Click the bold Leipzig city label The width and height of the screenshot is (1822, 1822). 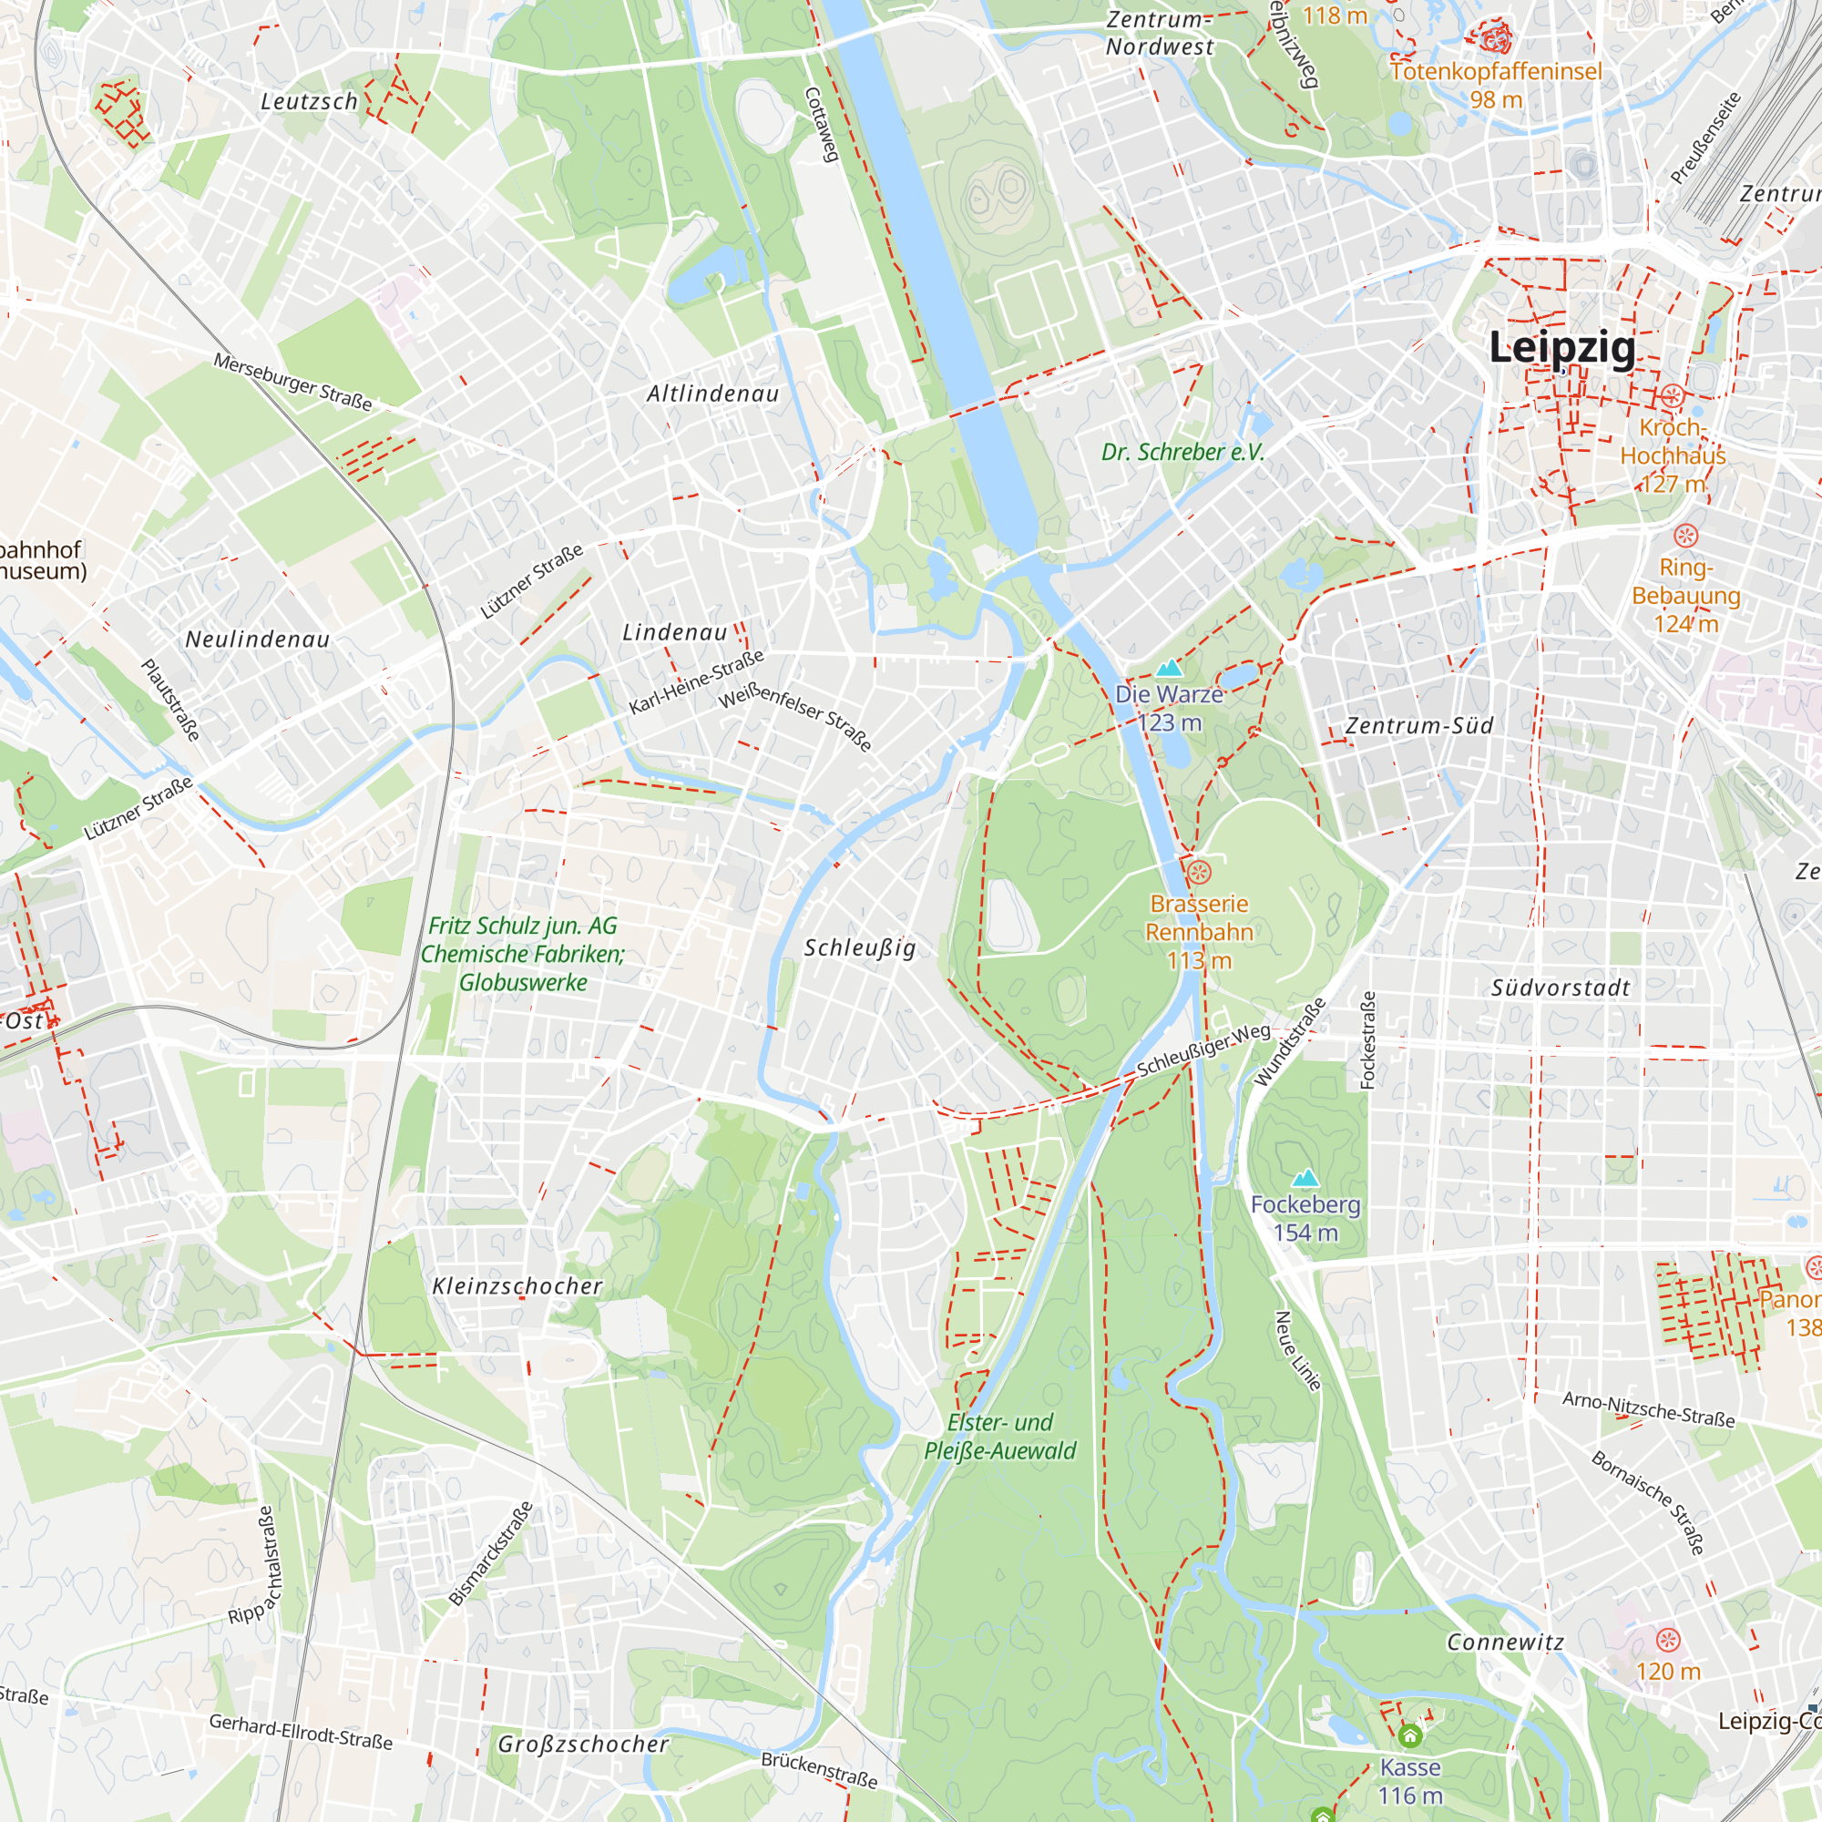[1562, 348]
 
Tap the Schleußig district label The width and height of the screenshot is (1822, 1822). [859, 947]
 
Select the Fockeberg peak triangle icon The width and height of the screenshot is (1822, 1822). [1305, 1178]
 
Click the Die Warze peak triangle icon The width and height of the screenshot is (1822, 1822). [1170, 669]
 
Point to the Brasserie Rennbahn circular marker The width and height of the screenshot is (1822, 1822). [1199, 872]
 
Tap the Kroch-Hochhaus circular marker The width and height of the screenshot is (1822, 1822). [1672, 396]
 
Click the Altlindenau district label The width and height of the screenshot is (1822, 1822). [713, 394]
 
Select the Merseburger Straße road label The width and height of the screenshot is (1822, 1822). [292, 382]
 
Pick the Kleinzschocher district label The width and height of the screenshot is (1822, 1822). [517, 1286]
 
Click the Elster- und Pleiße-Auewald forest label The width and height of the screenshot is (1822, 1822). [999, 1437]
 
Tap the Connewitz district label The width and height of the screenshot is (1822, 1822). [1505, 1643]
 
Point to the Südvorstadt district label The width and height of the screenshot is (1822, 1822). [1561, 988]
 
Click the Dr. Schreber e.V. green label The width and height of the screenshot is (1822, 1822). [1182, 453]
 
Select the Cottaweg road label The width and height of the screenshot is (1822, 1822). [822, 125]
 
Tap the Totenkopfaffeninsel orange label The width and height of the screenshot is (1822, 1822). [1496, 73]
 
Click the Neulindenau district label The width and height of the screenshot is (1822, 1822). [258, 640]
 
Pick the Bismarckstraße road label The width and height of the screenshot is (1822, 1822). [490, 1553]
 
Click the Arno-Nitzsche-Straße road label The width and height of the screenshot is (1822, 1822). [1649, 1409]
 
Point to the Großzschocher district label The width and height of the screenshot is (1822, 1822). [583, 1745]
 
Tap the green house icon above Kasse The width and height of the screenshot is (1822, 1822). [1410, 1735]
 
